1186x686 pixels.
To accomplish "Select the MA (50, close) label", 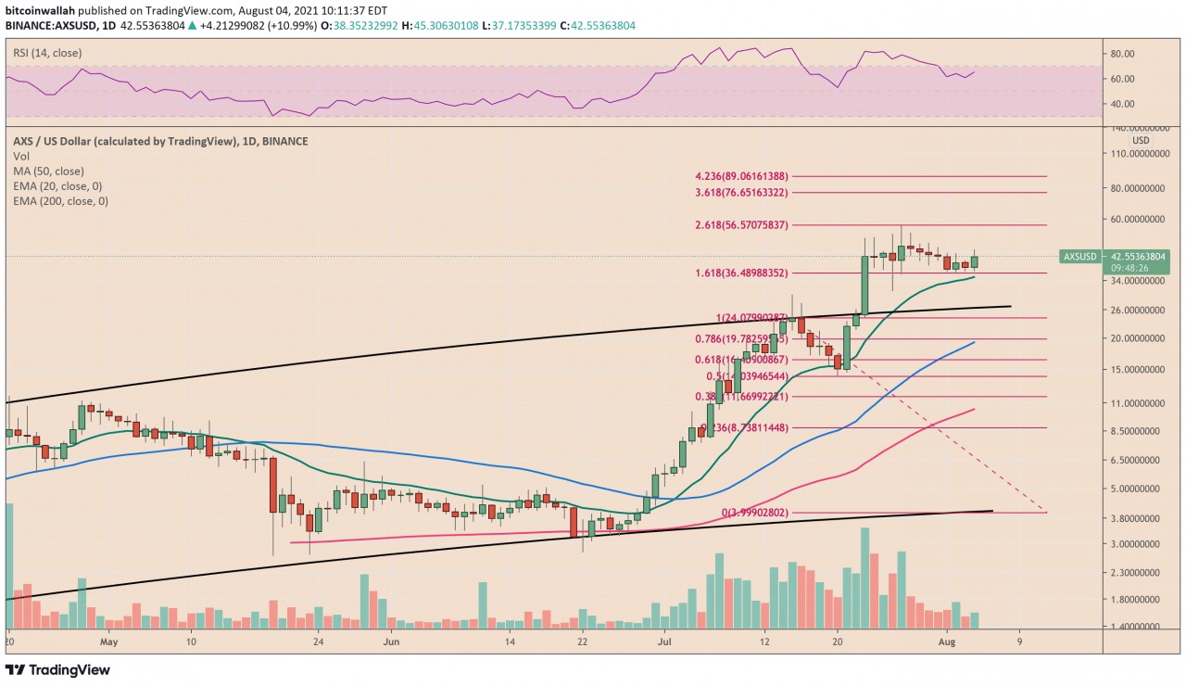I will click(x=49, y=171).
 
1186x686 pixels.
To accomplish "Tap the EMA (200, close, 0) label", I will click(x=60, y=200).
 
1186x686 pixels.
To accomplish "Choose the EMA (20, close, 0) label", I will click(x=57, y=185).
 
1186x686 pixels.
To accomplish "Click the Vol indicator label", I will click(x=20, y=156).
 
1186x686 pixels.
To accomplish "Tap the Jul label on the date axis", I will click(x=662, y=641).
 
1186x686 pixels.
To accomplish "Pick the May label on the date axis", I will click(x=109, y=641).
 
